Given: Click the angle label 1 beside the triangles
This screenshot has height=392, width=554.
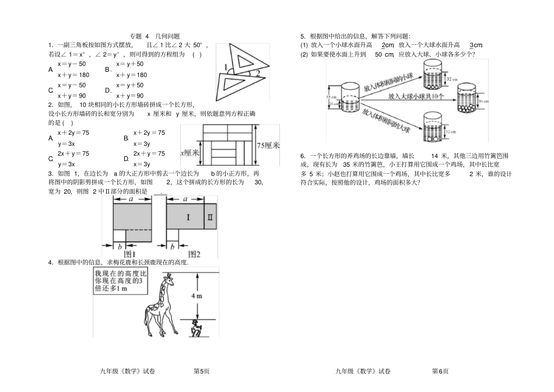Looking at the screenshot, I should coord(226,67).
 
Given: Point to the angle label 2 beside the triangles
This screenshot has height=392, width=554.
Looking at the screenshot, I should coord(257,73).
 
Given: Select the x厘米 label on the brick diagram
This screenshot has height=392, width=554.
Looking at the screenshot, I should coord(190,153).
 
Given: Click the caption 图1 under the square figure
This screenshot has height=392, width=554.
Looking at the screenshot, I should coord(129,254).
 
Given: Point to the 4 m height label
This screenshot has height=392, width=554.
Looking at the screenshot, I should coord(196,296).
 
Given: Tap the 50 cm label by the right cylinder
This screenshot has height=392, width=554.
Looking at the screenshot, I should coord(483,101).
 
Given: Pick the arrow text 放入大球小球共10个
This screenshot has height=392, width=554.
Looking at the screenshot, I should coord(415,96).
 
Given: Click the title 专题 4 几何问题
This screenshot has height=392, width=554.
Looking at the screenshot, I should coord(154,36).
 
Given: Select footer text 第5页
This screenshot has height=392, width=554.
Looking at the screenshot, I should coord(201,371).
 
